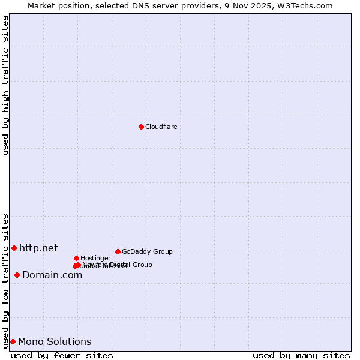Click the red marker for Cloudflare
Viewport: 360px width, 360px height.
[x=141, y=127]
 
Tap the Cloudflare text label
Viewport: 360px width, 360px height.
[x=161, y=127]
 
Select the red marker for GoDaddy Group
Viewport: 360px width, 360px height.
[x=118, y=251]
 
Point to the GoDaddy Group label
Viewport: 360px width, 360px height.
[x=147, y=251]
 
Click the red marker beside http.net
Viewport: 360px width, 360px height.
[x=14, y=248]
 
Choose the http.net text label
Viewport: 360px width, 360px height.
[x=38, y=248]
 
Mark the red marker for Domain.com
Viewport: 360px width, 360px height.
[x=17, y=275]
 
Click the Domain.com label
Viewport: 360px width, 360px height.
[x=52, y=275]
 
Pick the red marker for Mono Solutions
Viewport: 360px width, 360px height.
[x=13, y=341]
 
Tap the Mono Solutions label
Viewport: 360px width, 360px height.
[x=55, y=341]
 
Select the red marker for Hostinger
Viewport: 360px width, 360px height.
[x=76, y=258]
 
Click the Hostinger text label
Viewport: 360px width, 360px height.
[x=95, y=258]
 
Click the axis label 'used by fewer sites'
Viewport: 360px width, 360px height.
[x=62, y=355]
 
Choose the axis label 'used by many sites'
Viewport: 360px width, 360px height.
[x=301, y=355]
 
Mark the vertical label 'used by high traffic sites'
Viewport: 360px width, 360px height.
[x=5, y=85]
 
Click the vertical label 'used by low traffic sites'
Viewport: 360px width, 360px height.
[x=5, y=280]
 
